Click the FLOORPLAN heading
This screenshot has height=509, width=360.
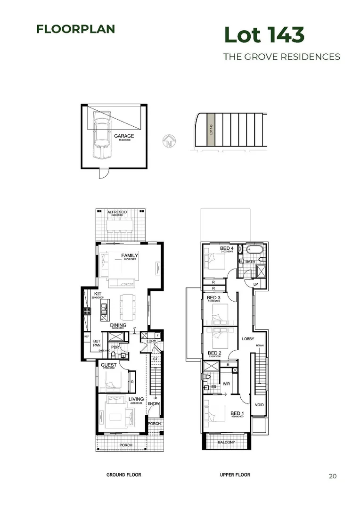coord(75,29)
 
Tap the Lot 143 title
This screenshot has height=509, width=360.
coord(264,35)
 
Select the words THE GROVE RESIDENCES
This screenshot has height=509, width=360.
coord(281,57)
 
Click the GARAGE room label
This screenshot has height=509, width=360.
coord(124,136)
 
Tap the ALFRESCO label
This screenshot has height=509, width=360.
coord(117,213)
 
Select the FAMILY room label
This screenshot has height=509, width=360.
coord(129,255)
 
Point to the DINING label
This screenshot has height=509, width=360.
coord(118,325)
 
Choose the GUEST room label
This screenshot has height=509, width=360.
coord(109,365)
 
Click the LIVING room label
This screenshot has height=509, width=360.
coord(136,400)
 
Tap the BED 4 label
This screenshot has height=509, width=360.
coord(227,248)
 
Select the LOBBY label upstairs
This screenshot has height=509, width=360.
coord(248,339)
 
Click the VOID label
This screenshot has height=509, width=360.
coord(259,405)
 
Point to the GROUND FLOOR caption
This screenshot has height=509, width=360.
coord(124,475)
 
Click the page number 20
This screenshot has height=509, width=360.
coord(333,476)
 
